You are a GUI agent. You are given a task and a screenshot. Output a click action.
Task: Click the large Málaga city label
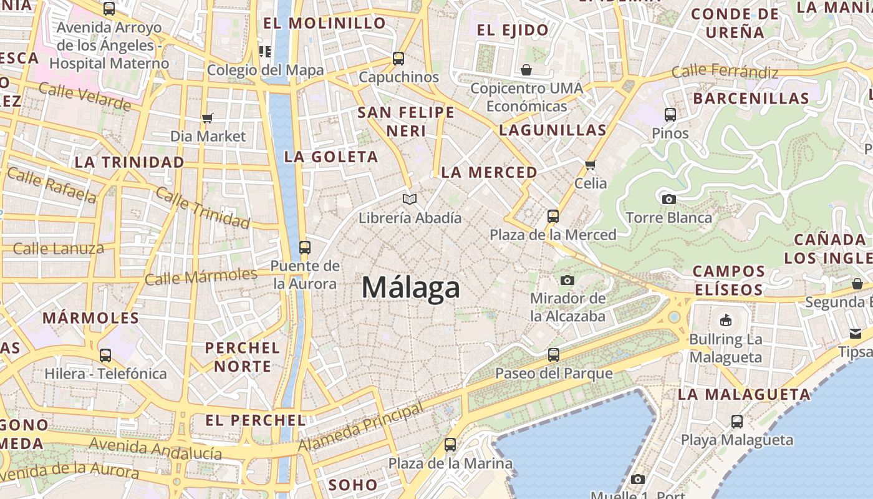click(x=411, y=288)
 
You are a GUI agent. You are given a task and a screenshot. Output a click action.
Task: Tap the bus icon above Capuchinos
click(x=398, y=59)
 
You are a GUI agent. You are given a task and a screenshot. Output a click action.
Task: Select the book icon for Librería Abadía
click(x=409, y=199)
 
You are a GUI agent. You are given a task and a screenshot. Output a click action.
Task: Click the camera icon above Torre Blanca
click(x=669, y=199)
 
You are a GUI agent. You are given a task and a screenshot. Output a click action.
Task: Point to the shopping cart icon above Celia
click(x=590, y=165)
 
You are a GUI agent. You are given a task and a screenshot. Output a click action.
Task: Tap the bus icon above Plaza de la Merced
click(x=552, y=216)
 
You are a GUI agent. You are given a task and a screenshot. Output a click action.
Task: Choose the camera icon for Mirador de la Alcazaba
click(x=567, y=280)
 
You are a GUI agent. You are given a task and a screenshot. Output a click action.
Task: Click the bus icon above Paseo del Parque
click(x=553, y=355)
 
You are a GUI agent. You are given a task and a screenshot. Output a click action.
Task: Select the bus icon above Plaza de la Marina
click(x=450, y=445)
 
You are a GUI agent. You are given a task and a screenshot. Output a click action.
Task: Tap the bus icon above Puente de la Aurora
click(x=304, y=247)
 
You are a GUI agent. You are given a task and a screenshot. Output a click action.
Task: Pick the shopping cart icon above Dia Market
click(x=208, y=118)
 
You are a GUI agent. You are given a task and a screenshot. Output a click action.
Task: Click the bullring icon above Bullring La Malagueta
click(x=725, y=321)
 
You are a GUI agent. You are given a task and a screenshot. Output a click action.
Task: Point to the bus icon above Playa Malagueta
click(x=736, y=421)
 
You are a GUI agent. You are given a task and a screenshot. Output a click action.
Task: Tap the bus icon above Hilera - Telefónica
click(x=105, y=356)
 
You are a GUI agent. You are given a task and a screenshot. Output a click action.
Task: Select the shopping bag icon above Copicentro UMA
click(x=526, y=69)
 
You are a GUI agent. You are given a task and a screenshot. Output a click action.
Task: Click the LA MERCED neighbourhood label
click(x=489, y=172)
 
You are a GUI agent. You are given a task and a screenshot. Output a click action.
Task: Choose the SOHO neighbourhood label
click(x=353, y=485)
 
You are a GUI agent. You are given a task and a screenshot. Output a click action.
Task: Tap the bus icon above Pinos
click(x=670, y=115)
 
